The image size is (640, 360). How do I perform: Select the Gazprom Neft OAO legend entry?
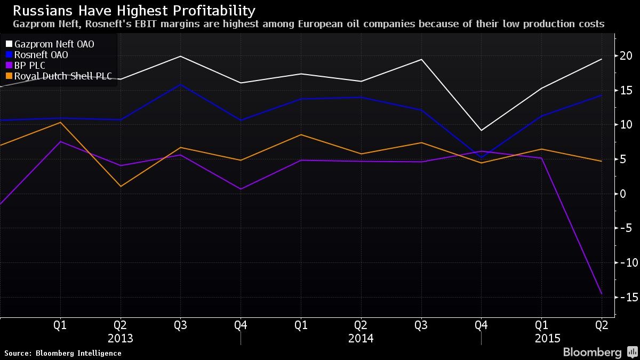click(54, 44)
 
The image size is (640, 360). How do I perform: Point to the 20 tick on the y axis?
click(626, 56)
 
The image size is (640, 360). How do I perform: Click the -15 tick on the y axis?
click(625, 297)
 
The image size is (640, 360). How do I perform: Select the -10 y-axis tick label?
click(625, 262)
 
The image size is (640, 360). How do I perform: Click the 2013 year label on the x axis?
click(120, 339)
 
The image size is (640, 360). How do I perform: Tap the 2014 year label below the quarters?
click(361, 339)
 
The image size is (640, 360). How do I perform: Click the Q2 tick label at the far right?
click(602, 325)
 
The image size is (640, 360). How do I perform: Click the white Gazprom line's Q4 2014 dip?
click(482, 130)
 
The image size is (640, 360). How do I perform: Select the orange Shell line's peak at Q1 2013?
click(60, 122)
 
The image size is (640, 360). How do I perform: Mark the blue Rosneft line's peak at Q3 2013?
click(180, 84)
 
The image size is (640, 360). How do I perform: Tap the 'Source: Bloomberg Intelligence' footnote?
click(63, 353)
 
